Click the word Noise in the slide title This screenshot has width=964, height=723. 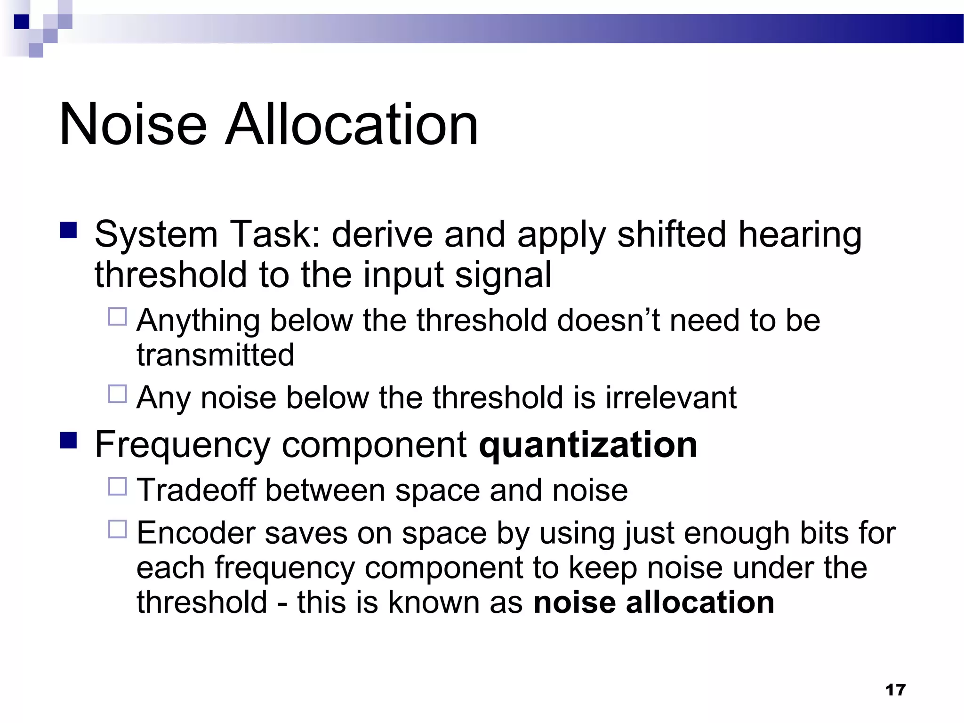pos(133,125)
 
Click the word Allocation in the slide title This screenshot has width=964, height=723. pos(351,125)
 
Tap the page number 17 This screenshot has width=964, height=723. pos(895,690)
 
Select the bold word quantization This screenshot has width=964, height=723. pos(587,445)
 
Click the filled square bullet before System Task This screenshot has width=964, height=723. pos(69,231)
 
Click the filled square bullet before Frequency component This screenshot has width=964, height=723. pos(69,441)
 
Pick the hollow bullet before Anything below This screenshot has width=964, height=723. pos(118,317)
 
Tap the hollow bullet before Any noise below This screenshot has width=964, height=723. pos(118,394)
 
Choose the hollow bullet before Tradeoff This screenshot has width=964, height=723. pos(118,486)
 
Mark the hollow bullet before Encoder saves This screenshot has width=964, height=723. pos(118,529)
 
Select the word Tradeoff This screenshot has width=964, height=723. pos(196,490)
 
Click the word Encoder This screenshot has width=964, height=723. pos(195,533)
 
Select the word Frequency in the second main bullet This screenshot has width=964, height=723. pos(183,445)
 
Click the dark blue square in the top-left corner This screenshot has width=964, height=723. pos(22,22)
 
